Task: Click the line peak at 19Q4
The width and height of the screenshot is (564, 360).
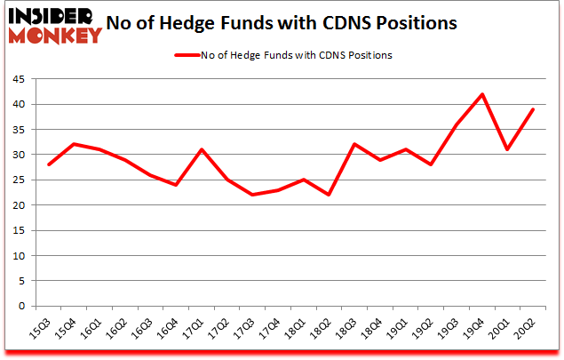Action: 481,94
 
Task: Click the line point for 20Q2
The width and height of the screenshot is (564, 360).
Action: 533,109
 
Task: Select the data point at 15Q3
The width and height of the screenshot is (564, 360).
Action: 50,164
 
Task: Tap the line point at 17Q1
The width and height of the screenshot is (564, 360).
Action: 203,149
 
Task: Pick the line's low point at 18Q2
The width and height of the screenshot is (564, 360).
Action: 329,195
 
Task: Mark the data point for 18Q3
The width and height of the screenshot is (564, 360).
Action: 354,144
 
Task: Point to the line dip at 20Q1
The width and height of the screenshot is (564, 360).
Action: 507,149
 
